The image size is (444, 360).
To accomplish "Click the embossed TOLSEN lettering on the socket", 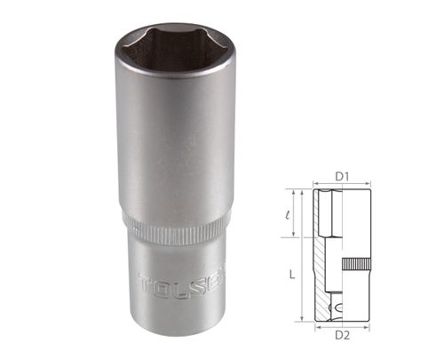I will click(178, 286).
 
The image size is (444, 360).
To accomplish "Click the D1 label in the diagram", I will click(341, 176).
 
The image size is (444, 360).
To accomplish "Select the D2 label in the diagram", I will click(342, 335).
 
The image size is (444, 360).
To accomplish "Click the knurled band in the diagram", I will click(357, 264).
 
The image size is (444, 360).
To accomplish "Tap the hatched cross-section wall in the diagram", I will click(321, 267).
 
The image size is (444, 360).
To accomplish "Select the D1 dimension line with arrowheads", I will click(342, 186).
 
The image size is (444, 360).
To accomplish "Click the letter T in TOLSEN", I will click(147, 285).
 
